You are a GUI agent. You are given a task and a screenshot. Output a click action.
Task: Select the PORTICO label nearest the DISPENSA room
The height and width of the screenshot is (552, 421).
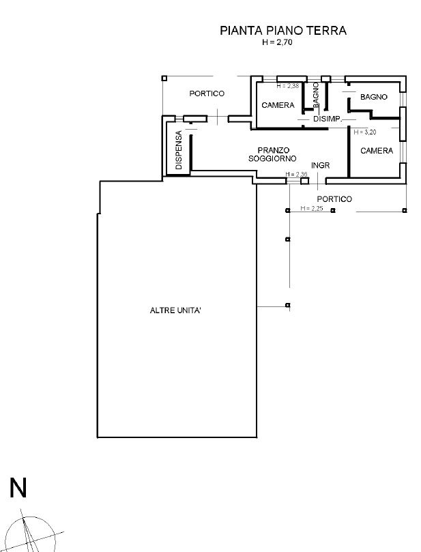pos(207,93)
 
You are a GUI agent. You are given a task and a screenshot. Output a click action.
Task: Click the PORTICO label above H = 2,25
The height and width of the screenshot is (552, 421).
pos(334,199)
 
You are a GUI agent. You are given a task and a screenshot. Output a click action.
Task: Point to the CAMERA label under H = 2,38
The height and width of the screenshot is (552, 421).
pos(278,105)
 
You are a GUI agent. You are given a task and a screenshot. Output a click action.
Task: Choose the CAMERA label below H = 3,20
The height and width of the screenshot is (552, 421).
pos(377,151)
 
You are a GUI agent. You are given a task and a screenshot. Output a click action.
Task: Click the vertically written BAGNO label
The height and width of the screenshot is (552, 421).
pos(316,95)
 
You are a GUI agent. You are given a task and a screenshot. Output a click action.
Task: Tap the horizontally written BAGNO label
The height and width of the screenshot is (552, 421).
pos(374,97)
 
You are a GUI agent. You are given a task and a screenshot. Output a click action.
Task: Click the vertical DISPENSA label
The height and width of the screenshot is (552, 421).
pos(179,150)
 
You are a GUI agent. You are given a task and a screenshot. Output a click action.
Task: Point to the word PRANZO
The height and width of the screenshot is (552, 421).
pos(274,149)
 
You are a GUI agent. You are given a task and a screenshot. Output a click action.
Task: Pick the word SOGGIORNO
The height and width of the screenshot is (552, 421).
pos(272,158)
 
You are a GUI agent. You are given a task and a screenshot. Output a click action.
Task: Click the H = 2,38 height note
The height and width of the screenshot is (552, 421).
pos(287,86)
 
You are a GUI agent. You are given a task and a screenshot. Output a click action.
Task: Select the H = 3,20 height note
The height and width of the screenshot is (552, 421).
pos(365,131)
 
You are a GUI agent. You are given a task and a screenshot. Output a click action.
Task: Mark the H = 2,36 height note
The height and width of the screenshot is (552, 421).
pos(297,175)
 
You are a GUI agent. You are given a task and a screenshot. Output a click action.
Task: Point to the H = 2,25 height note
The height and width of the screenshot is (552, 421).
pos(311,208)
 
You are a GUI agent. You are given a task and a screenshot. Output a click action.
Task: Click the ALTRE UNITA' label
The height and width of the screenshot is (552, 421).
pos(175,310)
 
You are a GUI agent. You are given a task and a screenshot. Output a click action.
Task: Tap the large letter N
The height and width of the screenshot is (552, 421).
pos(18,488)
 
